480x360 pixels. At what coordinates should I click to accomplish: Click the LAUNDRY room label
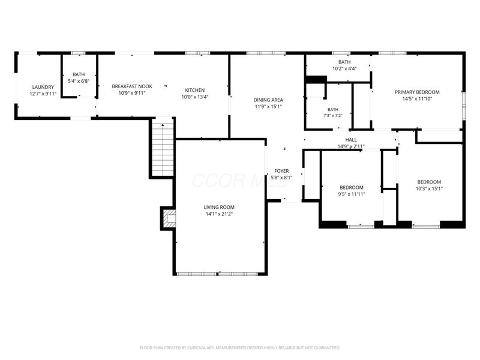[43, 87]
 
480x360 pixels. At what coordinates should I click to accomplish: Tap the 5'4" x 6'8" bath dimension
[79, 81]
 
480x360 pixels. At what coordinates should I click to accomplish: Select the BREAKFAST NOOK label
[132, 86]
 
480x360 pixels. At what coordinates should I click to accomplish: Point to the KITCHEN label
[195, 90]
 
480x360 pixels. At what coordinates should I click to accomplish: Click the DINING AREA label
[268, 100]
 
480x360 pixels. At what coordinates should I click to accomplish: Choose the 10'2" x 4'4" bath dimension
[344, 68]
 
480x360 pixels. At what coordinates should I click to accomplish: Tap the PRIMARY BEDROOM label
[417, 92]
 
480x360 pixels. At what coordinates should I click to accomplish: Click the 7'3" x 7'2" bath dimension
[333, 116]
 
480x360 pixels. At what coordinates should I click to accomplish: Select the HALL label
[351, 140]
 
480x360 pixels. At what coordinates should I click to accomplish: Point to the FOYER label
[281, 171]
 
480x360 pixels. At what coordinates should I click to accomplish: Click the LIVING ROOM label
[219, 207]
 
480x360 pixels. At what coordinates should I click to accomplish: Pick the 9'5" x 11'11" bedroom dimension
[352, 194]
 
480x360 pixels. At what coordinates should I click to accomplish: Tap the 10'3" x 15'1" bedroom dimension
[429, 188]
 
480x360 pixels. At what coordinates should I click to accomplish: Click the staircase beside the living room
[163, 148]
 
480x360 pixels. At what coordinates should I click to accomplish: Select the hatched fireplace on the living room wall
[169, 218]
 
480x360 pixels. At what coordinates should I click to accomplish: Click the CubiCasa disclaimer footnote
[239, 348]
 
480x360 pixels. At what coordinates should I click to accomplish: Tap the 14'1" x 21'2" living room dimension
[219, 214]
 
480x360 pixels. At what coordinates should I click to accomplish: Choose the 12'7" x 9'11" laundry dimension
[43, 94]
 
